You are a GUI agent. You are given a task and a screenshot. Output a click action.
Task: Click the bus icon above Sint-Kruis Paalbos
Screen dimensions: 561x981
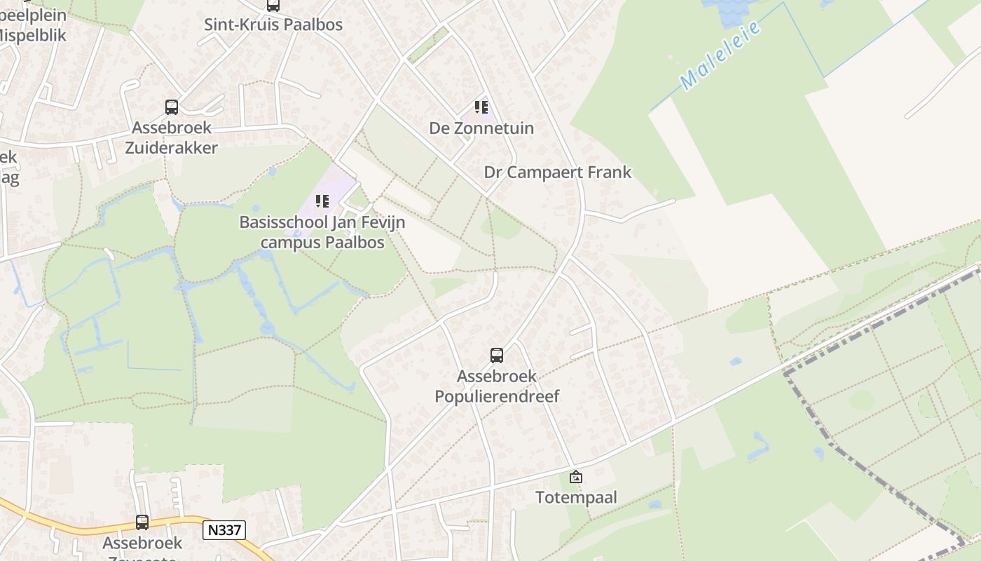(x=273, y=6)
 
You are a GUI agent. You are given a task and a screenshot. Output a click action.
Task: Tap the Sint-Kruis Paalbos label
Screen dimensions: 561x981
(x=273, y=25)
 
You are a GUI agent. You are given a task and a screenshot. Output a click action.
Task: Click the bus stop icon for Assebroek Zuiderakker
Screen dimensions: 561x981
(x=172, y=107)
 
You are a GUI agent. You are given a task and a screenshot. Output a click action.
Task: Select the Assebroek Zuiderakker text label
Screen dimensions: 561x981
(x=172, y=138)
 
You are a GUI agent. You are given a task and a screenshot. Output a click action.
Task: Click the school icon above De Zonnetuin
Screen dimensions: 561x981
(x=481, y=107)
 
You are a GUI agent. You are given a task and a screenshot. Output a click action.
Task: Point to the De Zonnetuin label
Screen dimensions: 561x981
(x=481, y=128)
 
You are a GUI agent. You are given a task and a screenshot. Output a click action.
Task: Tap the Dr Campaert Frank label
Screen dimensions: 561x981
(x=558, y=173)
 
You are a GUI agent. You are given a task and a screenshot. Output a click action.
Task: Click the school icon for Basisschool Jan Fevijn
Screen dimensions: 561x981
(x=322, y=202)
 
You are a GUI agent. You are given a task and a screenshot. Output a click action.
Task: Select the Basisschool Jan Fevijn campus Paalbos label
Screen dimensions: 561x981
(x=322, y=232)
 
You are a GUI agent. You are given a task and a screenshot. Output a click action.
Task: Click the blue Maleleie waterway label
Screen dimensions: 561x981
(x=720, y=56)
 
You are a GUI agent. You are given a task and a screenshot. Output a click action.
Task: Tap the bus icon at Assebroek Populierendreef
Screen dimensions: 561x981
(x=497, y=356)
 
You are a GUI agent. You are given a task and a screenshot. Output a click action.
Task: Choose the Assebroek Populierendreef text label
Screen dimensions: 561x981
(x=497, y=386)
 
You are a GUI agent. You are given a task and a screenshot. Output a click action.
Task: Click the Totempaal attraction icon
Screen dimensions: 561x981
(x=576, y=478)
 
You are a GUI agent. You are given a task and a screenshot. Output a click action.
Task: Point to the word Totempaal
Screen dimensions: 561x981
(x=576, y=498)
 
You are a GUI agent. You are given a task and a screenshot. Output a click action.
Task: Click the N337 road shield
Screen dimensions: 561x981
(x=224, y=530)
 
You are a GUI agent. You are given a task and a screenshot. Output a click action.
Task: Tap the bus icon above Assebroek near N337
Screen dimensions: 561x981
(x=142, y=522)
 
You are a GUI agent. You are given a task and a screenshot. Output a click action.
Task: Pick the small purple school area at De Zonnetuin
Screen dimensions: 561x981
(x=490, y=112)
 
